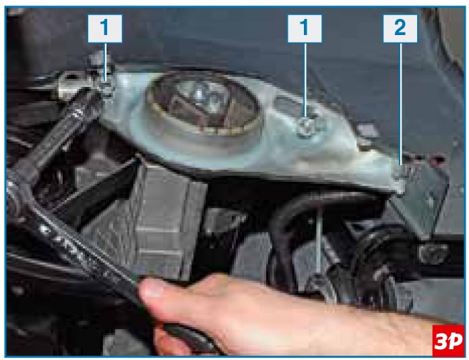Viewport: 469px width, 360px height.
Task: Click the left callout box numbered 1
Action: pyautogui.click(x=104, y=28)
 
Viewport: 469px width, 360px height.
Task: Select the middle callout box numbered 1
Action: pyautogui.click(x=305, y=28)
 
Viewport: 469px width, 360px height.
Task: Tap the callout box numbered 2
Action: pyautogui.click(x=400, y=28)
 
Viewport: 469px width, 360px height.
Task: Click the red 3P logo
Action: pyautogui.click(x=447, y=340)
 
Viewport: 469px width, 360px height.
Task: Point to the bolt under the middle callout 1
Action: pyautogui.click(x=306, y=128)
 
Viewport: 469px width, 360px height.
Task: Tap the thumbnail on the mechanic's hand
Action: pyautogui.click(x=150, y=288)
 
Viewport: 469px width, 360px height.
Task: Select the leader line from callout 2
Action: pyautogui.click(x=401, y=104)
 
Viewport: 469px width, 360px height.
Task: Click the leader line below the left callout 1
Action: pyautogui.click(x=105, y=62)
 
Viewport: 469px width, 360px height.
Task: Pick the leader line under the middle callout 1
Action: pyautogui.click(x=305, y=80)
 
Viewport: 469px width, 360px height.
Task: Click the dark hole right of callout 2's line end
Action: pyautogui.click(x=437, y=159)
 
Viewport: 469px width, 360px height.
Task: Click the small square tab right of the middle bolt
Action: pyautogui.click(x=367, y=131)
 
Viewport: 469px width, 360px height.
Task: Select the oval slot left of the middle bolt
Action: pyautogui.click(x=286, y=104)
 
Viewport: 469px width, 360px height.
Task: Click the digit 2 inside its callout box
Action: pyautogui.click(x=400, y=28)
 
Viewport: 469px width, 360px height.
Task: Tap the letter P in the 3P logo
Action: pyautogui.click(x=455, y=340)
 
